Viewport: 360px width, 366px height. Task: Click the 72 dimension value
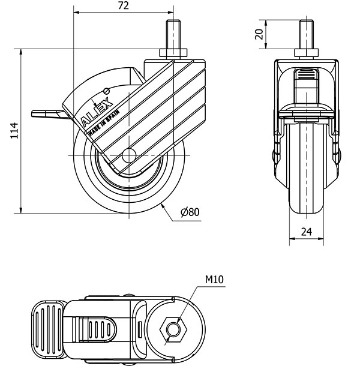point(123,6)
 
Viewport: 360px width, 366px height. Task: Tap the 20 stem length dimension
point(259,34)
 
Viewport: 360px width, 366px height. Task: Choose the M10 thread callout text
point(214,280)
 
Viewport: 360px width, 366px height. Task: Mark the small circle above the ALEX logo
point(107,91)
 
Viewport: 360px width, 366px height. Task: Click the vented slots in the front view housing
point(307,75)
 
